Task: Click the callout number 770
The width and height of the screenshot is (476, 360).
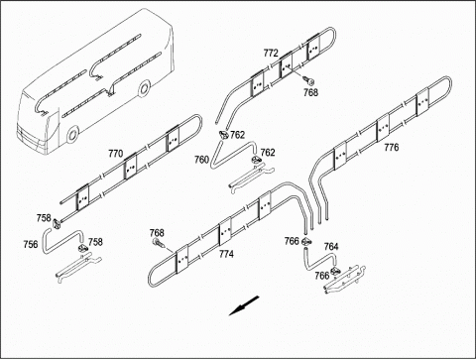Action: point(116,154)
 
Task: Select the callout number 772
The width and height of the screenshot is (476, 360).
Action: point(271,53)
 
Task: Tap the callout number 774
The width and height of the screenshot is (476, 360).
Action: point(226,254)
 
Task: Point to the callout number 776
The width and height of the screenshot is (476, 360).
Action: point(392,147)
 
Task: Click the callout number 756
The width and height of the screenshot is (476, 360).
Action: point(31,244)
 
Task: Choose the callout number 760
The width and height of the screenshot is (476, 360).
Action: point(201,160)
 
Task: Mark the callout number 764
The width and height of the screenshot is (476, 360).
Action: point(331,247)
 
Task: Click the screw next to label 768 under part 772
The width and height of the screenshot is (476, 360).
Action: point(308,80)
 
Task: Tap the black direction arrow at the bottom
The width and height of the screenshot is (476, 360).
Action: point(244,305)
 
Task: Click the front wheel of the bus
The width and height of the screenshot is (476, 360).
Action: point(72,134)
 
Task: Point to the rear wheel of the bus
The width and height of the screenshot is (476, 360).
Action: point(144,88)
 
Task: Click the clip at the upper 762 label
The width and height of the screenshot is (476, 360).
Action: point(224,135)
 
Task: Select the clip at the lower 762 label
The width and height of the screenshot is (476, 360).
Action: point(257,161)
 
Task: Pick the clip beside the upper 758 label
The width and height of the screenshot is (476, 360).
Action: point(56,223)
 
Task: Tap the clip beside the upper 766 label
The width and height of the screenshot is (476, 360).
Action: point(306,241)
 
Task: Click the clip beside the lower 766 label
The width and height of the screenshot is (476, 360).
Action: point(335,270)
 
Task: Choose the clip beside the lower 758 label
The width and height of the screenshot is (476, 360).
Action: point(82,248)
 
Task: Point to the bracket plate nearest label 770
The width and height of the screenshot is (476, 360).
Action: point(131,168)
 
